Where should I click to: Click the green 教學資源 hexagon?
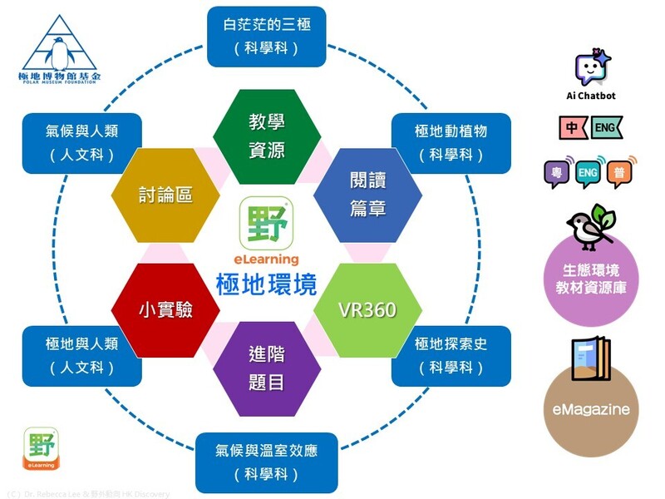267,136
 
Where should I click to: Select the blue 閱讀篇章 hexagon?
367,195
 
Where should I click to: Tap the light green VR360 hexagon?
367,310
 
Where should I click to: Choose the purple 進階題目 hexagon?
267,368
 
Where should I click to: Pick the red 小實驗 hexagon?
165,310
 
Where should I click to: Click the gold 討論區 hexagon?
165,195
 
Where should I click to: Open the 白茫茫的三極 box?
267,37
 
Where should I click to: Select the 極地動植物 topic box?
450,143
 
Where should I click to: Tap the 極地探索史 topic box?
450,356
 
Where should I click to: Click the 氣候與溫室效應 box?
267,462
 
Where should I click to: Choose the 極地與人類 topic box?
82,356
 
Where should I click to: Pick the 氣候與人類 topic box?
82,143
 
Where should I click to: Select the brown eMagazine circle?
591,409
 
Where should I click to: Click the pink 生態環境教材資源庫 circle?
591,280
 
